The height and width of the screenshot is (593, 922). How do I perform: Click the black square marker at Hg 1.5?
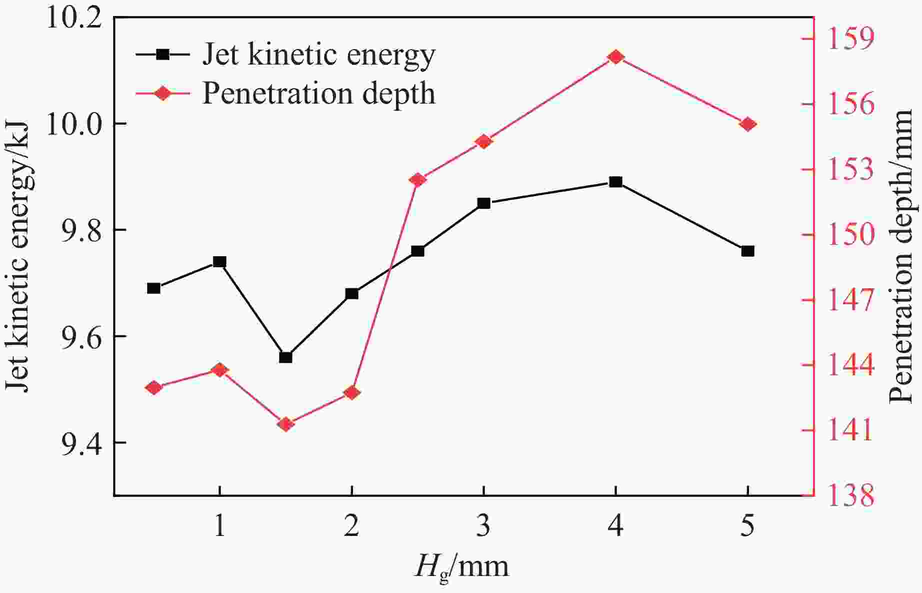pyautogui.click(x=285, y=357)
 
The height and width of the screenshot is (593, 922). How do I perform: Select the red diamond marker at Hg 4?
pyautogui.click(x=615, y=57)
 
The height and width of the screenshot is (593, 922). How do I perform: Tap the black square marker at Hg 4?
pyautogui.click(x=615, y=182)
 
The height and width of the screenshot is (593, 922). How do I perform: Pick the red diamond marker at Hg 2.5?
pyautogui.click(x=418, y=180)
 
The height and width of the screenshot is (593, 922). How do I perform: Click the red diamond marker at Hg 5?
pyautogui.click(x=747, y=124)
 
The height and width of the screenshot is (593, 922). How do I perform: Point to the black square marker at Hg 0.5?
pyautogui.click(x=153, y=288)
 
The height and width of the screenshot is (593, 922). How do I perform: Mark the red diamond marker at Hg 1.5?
pyautogui.click(x=285, y=424)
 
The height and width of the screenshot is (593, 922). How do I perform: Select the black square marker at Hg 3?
pyautogui.click(x=483, y=203)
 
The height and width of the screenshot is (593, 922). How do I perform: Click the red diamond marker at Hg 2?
pyautogui.click(x=351, y=392)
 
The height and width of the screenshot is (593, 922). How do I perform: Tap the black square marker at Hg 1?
pyautogui.click(x=219, y=262)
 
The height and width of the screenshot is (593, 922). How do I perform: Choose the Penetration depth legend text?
pyautogui.click(x=318, y=93)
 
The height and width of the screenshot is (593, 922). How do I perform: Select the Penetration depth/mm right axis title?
pyautogui.click(x=903, y=256)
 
